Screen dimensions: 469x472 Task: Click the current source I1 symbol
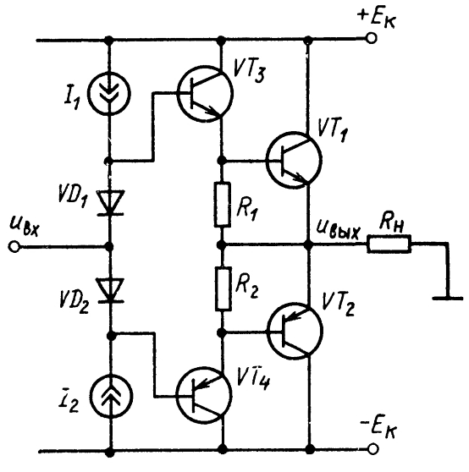click(x=109, y=93)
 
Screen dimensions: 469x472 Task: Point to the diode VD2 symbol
click(x=110, y=290)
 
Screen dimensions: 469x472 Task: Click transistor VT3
click(x=205, y=93)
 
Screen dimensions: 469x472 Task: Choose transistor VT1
click(x=294, y=160)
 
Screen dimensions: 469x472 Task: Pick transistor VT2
click(x=295, y=331)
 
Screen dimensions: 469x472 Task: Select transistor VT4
click(x=204, y=396)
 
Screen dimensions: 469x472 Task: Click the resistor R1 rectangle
click(x=223, y=204)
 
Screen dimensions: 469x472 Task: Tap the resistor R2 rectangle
click(x=223, y=288)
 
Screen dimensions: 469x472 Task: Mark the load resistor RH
click(x=389, y=244)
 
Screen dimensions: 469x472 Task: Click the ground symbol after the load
click(x=448, y=298)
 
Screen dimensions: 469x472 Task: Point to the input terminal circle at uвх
click(x=14, y=247)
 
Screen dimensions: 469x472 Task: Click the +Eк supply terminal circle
click(x=372, y=39)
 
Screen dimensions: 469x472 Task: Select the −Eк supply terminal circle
click(x=372, y=449)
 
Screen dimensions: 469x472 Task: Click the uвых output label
click(x=338, y=231)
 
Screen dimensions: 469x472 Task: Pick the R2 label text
click(x=247, y=288)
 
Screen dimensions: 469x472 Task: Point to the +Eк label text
click(x=377, y=18)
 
